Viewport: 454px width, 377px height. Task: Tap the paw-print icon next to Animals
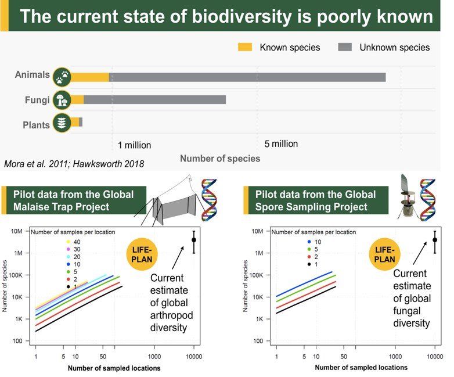[62, 77]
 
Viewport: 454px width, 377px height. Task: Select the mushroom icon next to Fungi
[62, 100]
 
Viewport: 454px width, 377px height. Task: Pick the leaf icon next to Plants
[62, 122]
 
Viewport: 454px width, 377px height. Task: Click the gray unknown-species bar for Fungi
[154, 100]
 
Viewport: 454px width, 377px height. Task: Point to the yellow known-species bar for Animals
[90, 77]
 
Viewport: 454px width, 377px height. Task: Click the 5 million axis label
[281, 143]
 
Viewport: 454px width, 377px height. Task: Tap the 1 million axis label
[134, 145]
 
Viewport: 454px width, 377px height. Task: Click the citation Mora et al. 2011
[37, 163]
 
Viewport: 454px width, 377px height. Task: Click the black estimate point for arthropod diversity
[194, 240]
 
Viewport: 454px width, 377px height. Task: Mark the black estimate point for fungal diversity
[435, 240]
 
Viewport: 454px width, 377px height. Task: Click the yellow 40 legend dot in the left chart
[69, 241]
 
